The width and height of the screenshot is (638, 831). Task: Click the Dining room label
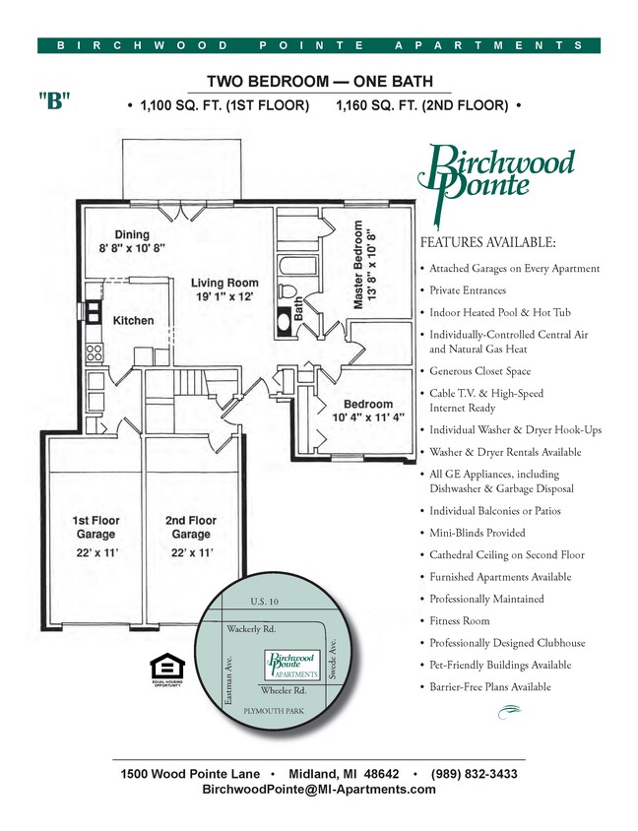[x=131, y=234]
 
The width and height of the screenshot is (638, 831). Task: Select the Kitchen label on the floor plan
[x=133, y=321]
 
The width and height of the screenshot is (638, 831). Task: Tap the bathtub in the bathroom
[x=291, y=266]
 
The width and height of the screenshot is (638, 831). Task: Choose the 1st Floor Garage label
[x=96, y=527]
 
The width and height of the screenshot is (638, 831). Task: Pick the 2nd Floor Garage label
[x=191, y=527]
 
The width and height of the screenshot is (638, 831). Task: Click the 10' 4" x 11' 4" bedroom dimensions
[x=367, y=417]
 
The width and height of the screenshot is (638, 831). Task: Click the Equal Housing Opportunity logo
[x=165, y=669]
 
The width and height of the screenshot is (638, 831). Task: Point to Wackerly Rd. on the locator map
[x=252, y=627]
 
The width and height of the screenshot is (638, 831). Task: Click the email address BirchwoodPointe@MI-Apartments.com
[x=319, y=790]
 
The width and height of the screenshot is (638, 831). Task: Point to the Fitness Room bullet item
[x=460, y=621]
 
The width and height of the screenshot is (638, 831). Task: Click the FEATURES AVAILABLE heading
[x=487, y=242]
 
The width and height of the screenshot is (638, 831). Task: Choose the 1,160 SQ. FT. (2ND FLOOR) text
[x=421, y=104]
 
